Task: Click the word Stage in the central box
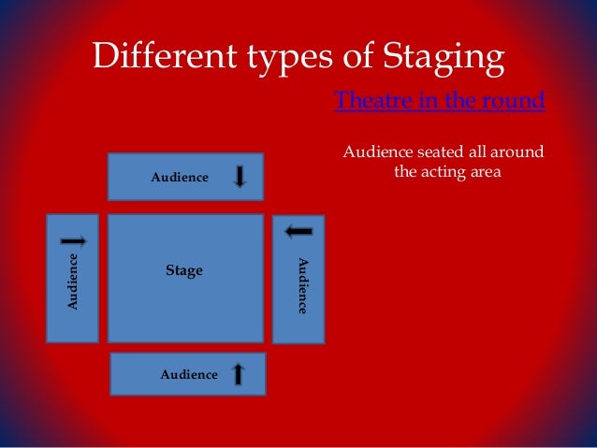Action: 183,271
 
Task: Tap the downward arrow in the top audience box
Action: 240,176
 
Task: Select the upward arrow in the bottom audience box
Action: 238,374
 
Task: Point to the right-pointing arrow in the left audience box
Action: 73,240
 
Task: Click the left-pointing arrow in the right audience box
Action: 298,230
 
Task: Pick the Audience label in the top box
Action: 180,177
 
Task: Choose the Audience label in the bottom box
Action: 189,374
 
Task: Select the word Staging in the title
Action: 449,60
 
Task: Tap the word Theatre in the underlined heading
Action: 367,101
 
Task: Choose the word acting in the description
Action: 448,172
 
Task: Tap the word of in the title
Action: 346,60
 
